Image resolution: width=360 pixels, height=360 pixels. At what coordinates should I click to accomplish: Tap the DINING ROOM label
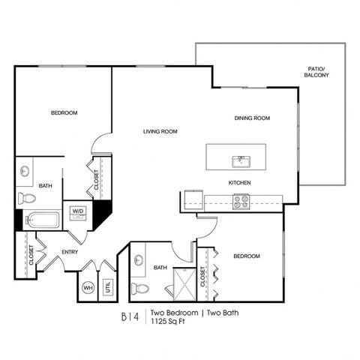[252, 118]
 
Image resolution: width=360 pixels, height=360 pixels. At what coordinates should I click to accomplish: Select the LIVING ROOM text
[160, 132]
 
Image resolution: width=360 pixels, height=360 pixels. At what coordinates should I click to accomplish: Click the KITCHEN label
[239, 183]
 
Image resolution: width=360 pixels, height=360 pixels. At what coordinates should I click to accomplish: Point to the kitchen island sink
[241, 159]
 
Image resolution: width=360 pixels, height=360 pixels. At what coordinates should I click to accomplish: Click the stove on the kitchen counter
[241, 199]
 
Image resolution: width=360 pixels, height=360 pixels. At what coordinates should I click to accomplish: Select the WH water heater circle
[88, 286]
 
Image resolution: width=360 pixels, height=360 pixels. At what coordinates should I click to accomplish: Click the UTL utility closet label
[107, 286]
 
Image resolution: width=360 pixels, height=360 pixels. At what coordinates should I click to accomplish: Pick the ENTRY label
[70, 252]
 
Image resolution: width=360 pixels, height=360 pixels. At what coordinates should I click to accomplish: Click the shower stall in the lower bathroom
[182, 282]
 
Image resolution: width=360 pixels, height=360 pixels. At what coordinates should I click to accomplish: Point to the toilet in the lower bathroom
[142, 287]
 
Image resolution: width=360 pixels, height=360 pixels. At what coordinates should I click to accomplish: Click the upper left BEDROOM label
[64, 113]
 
